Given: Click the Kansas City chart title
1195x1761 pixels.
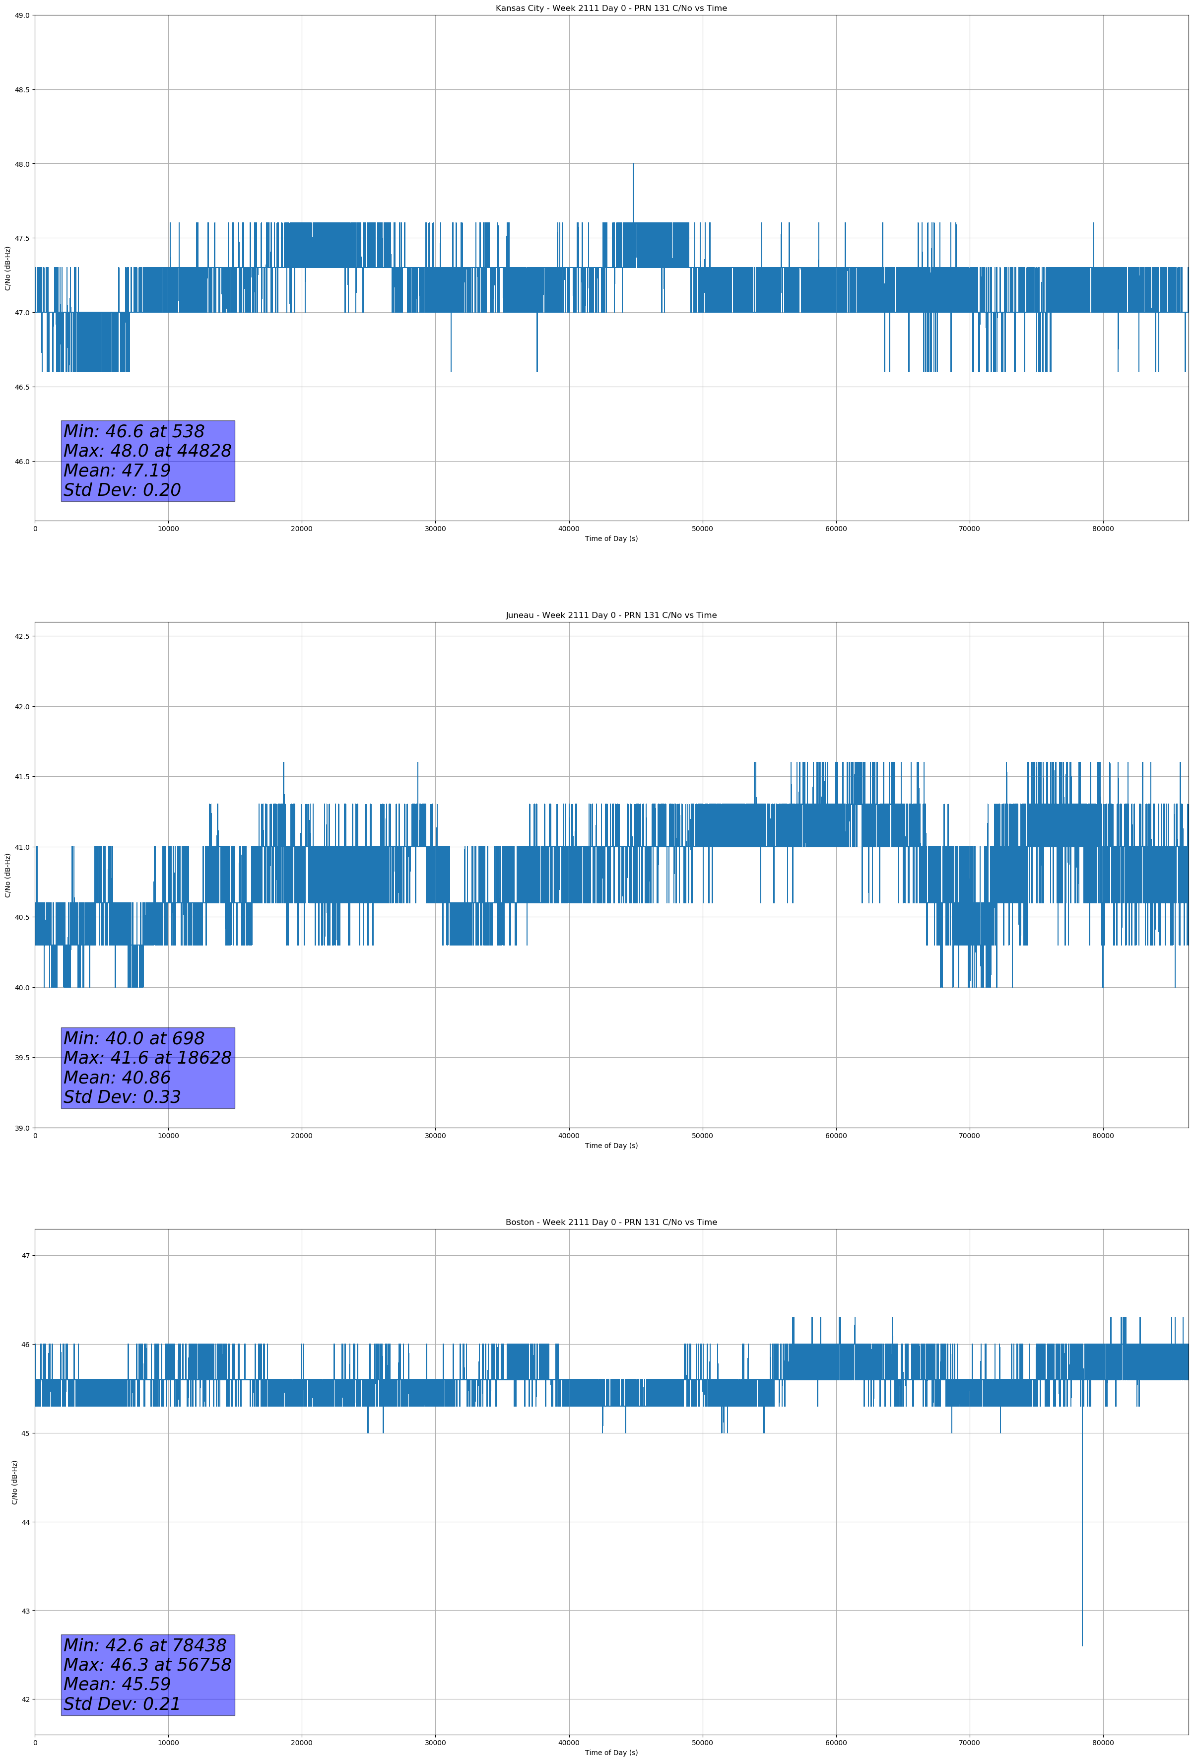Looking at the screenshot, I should click(x=611, y=8).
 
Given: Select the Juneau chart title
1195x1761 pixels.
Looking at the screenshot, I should click(x=611, y=615).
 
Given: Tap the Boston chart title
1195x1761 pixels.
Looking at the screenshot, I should click(x=611, y=1222).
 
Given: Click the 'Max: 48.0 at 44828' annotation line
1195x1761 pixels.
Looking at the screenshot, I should click(x=147, y=451).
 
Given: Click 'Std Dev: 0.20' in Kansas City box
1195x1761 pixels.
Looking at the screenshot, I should click(x=122, y=490).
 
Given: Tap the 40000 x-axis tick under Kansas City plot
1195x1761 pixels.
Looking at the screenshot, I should click(x=568, y=529).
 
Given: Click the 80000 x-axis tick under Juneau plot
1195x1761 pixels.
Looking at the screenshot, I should click(x=1103, y=1136).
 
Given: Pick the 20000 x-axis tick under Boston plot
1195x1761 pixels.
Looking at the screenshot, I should click(x=302, y=1743).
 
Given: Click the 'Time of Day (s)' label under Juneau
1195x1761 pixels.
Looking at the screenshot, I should click(x=611, y=1146).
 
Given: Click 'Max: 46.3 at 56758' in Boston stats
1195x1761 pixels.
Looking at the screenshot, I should click(x=147, y=1665).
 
